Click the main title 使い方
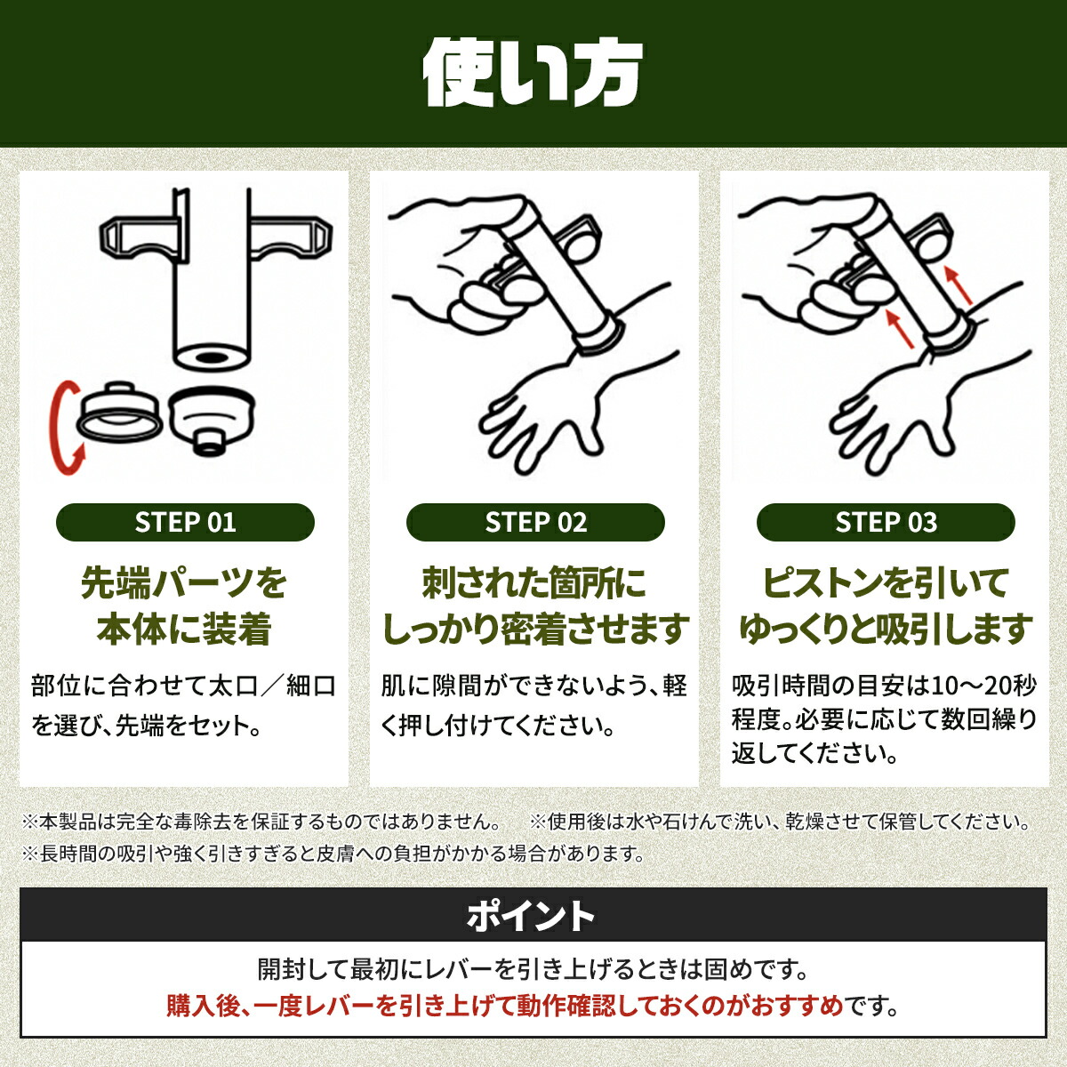click(533, 74)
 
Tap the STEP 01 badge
click(185, 522)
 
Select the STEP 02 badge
click(535, 522)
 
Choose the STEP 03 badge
click(886, 522)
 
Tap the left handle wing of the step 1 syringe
click(140, 238)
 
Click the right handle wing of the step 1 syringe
click(292, 238)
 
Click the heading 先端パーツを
click(184, 583)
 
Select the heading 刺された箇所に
click(533, 583)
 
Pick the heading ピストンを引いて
click(884, 583)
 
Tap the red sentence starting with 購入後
click(505, 1006)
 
